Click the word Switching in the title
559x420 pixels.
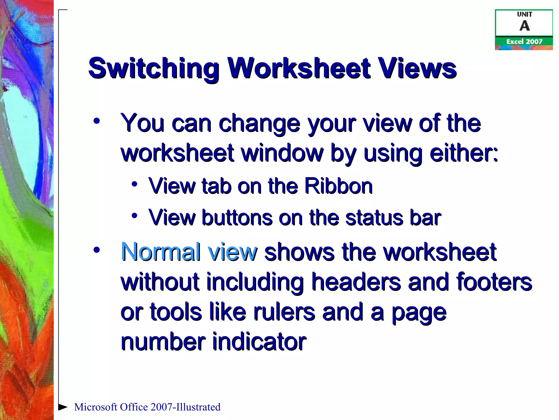pyautogui.click(x=154, y=68)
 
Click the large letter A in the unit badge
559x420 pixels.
pyautogui.click(x=524, y=26)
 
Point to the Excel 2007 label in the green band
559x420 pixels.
pyautogui.click(x=524, y=42)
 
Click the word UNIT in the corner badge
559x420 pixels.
pyautogui.click(x=524, y=14)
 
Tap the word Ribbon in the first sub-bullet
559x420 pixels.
pyautogui.click(x=338, y=186)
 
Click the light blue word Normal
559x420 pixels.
pyautogui.click(x=161, y=252)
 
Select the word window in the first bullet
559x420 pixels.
pyautogui.click(x=282, y=153)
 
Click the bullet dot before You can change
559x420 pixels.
pyautogui.click(x=96, y=121)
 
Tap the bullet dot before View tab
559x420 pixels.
pyautogui.click(x=134, y=184)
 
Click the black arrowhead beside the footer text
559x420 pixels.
pyautogui.click(x=63, y=407)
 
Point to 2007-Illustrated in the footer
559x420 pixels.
pyautogui.click(x=185, y=407)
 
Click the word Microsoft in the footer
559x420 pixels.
pyautogui.click(x=96, y=407)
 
